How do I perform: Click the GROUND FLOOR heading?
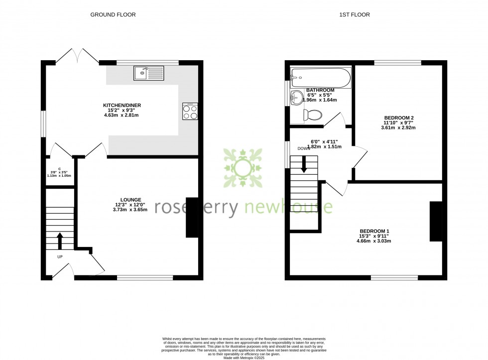coord(113,15)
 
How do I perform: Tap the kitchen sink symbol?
coord(148,73)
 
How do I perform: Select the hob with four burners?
coord(190,111)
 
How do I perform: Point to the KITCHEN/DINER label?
coord(121,106)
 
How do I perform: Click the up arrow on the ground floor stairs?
coord(60,240)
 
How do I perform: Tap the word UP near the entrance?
coord(60,257)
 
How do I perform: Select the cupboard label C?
coord(59,169)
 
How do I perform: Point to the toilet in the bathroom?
coord(312,116)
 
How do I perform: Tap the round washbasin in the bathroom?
coord(296,97)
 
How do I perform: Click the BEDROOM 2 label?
coord(399,118)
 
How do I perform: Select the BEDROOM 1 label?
coord(374,231)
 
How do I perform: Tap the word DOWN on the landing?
coord(304,148)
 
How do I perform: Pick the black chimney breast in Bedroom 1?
coord(436,221)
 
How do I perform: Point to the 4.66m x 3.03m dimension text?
coord(374,241)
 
